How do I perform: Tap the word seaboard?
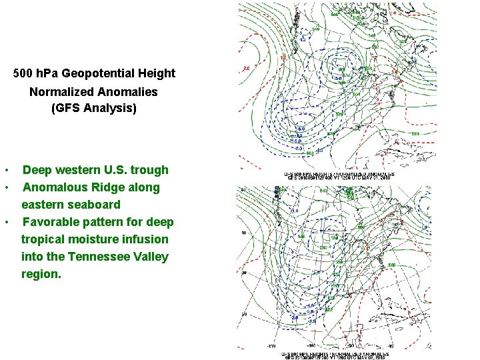95,205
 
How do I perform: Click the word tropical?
42,239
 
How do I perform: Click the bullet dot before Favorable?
6,222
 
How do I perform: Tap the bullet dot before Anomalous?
6,187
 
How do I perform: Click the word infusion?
148,239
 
